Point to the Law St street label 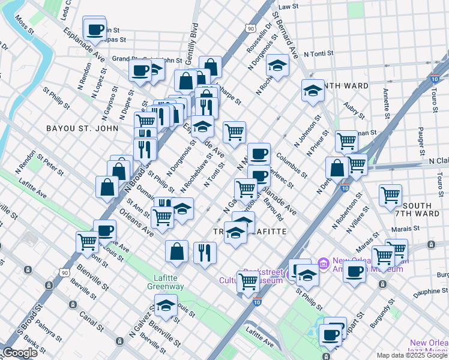288,6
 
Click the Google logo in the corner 19,353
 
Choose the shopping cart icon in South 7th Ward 390,194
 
